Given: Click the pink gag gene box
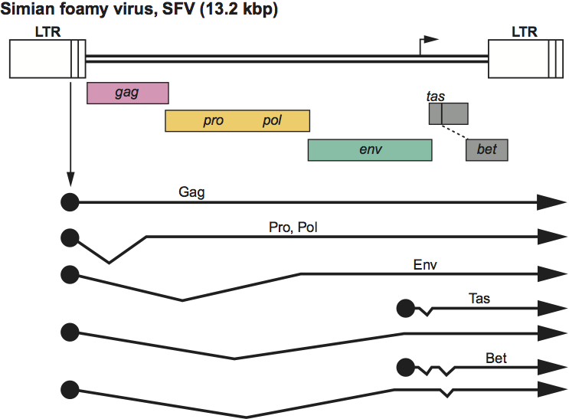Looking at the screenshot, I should (127, 93).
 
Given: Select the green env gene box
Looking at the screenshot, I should (370, 149).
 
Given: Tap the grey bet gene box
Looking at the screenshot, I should (486, 150).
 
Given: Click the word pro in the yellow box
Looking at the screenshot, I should (214, 121).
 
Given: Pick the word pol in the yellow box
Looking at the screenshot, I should (272, 121).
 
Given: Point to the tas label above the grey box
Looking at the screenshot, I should (436, 97).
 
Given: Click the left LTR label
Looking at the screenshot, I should (47, 31).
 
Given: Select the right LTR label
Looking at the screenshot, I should (525, 31).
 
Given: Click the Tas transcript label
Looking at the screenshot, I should (479, 299).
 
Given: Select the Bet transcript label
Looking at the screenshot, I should (495, 358).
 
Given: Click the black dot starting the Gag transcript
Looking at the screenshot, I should (70, 201).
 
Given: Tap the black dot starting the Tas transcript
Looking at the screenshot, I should (405, 309).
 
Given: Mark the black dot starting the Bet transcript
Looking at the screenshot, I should (405, 368).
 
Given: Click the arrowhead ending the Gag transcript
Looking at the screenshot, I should (551, 201).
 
